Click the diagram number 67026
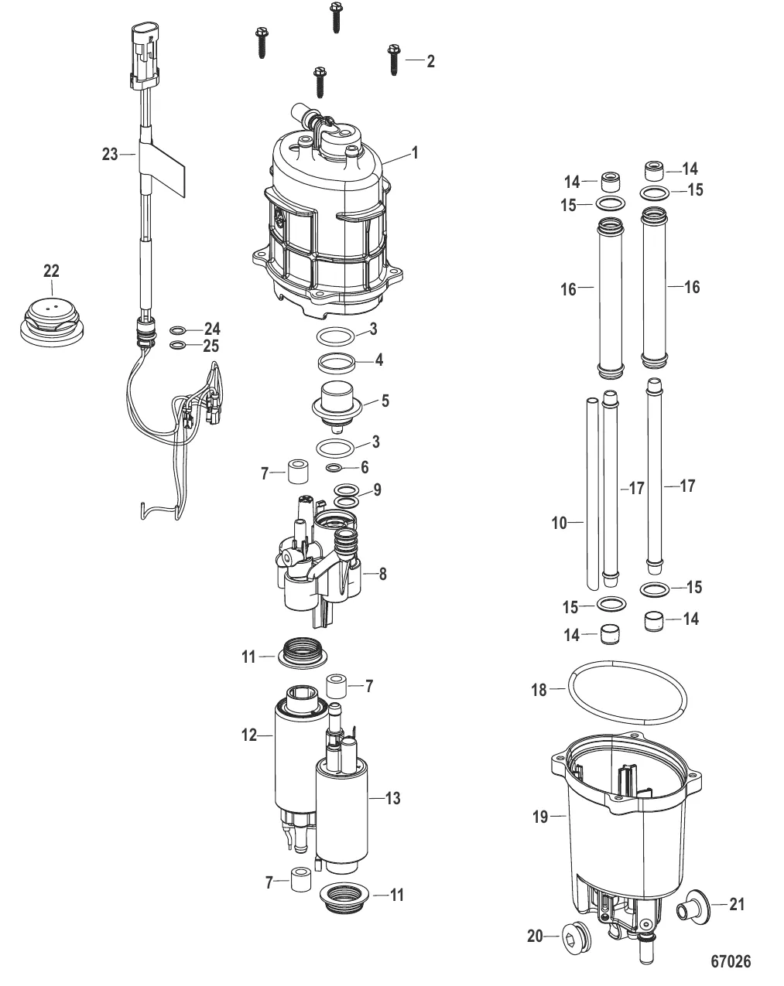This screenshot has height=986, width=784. coord(731,961)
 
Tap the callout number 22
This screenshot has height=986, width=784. coord(51,271)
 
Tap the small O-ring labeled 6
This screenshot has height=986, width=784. coord(334,467)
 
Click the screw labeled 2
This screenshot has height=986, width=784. coord(394,60)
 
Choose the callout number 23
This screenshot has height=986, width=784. coord(110,155)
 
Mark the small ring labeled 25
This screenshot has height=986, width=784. coord(176,345)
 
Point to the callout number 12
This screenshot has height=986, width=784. coord(250,735)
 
